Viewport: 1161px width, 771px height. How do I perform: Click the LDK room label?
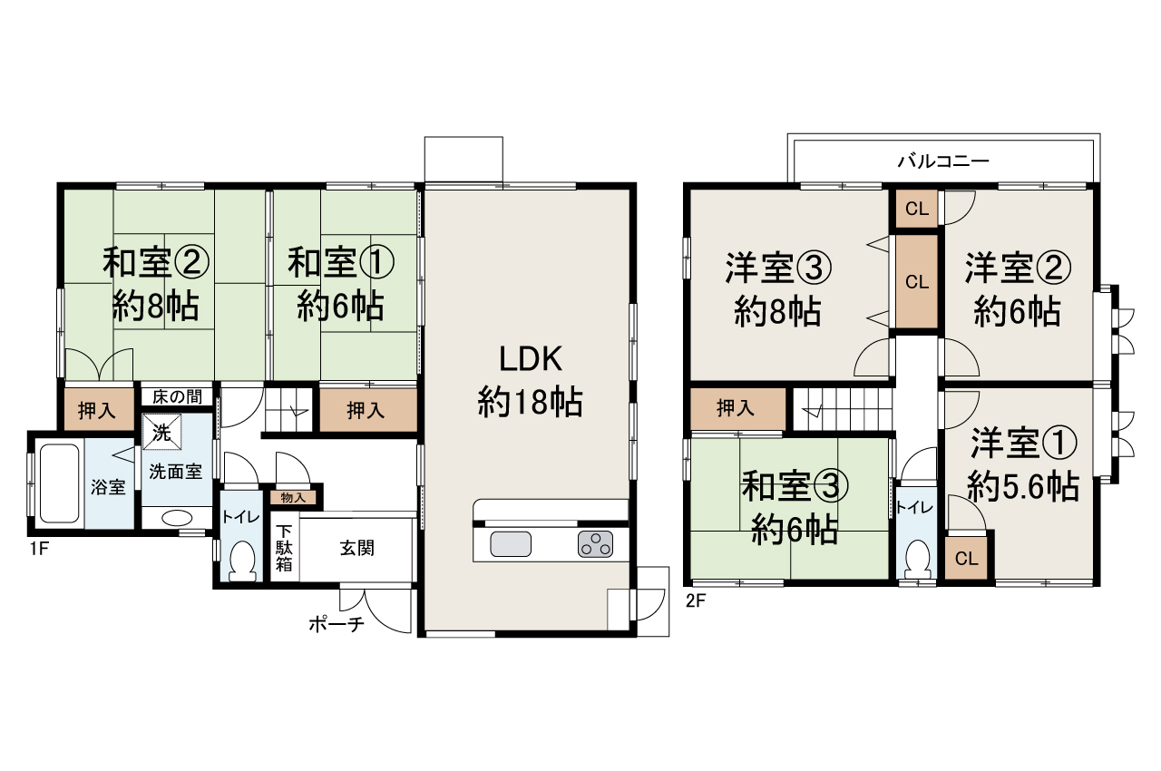531,359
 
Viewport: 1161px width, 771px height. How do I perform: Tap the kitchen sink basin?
511,544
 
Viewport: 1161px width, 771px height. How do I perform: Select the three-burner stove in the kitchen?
595,544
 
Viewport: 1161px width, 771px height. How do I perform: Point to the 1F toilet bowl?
242,561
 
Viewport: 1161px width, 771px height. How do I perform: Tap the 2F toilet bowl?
917,556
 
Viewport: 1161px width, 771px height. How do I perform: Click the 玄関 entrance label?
357,548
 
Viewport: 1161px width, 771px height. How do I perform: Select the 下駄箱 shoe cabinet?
285,548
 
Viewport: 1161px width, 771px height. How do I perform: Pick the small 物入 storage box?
293,497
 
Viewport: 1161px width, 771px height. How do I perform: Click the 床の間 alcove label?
177,395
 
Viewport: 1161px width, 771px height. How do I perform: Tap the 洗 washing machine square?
161,433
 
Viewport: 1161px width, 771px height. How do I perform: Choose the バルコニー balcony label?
943,161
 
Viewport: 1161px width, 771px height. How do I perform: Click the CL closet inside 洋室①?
966,558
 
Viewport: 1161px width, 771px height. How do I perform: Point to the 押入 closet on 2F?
736,408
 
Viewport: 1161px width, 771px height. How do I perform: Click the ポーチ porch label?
336,624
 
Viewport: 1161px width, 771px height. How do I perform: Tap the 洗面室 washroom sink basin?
176,519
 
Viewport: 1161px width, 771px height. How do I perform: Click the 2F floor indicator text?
696,600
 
